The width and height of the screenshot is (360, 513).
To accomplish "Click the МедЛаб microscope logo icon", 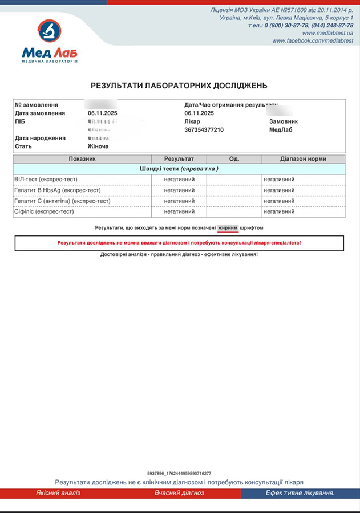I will [50, 30].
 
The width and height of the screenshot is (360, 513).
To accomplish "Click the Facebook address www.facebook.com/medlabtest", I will [313, 41].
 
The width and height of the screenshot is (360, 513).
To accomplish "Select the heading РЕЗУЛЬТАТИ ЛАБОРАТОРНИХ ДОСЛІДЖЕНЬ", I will [179, 85].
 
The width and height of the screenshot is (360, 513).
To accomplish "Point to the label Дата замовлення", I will [40, 113].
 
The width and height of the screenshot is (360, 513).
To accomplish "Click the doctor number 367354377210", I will [204, 130].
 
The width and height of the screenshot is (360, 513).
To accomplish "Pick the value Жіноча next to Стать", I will [98, 146].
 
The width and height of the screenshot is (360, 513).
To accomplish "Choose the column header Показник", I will [82, 158].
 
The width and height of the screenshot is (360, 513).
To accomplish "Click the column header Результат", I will [179, 158].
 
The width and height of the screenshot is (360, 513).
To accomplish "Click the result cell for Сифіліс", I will [179, 212].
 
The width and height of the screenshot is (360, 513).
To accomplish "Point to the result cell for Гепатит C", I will [179, 201].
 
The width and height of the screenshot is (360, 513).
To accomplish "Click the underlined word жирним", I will [228, 227].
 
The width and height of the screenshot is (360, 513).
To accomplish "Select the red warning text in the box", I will [179, 243].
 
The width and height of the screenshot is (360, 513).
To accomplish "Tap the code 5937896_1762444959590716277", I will [179, 474].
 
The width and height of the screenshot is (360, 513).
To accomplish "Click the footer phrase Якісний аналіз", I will [58, 493].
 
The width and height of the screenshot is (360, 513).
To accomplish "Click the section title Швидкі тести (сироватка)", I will [179, 169].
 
